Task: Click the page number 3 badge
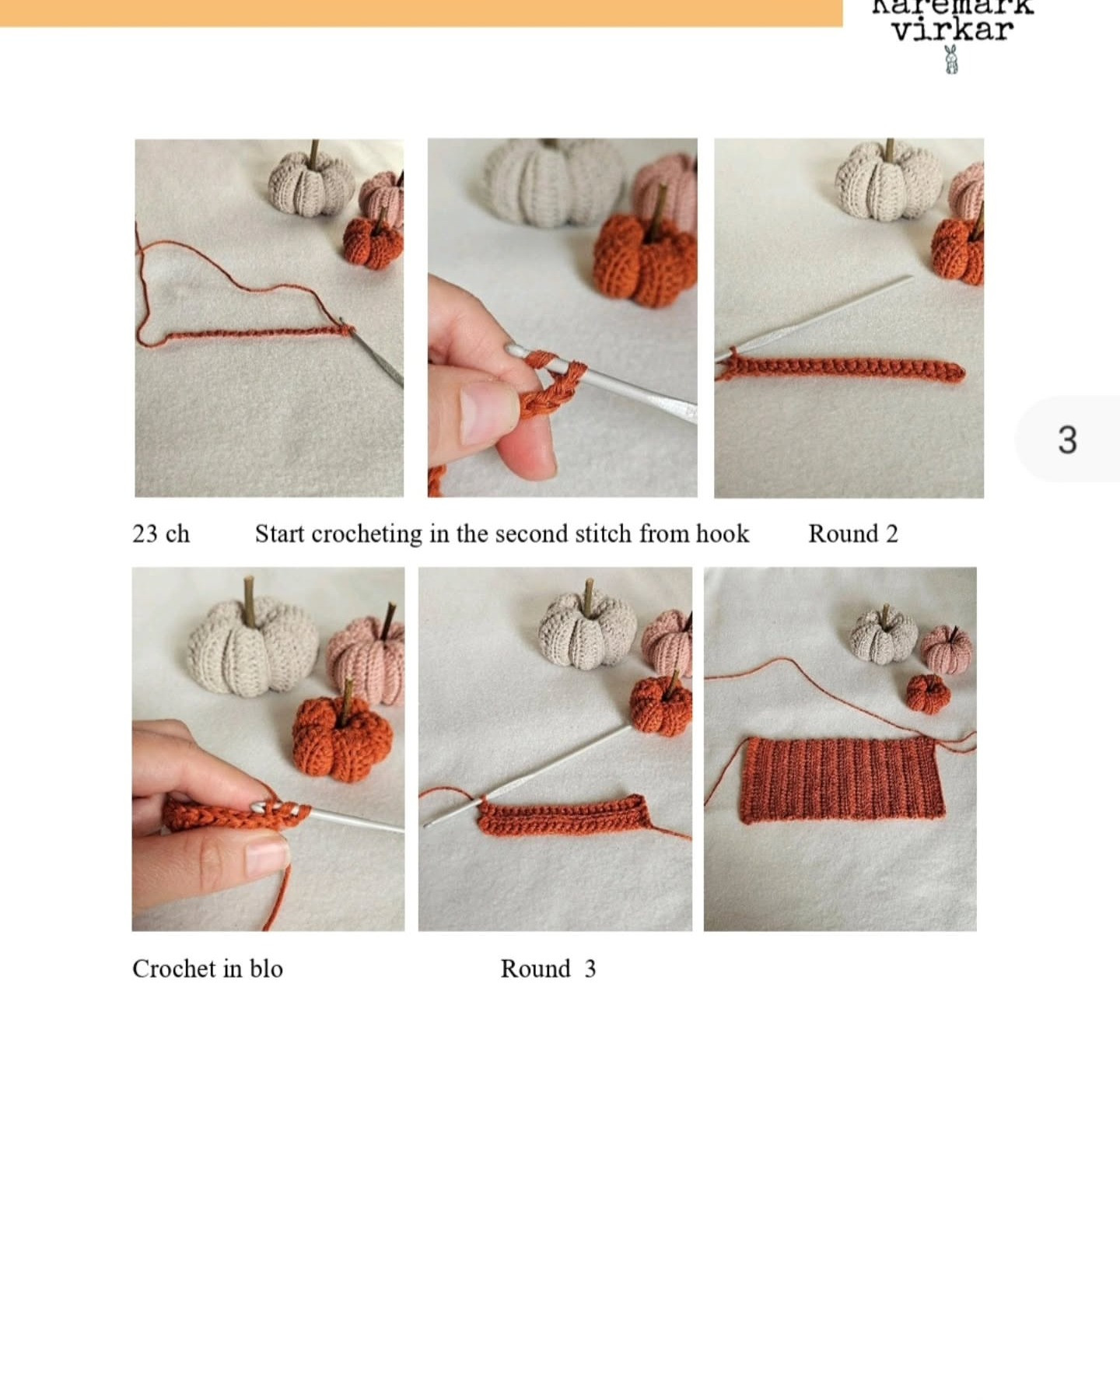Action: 1067,440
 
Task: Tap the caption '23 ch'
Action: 161,534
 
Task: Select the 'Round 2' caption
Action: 852,534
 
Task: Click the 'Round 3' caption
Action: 548,969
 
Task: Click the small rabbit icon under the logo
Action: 950,60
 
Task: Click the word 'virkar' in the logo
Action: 952,30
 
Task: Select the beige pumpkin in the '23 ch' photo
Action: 310,184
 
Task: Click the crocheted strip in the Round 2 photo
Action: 840,369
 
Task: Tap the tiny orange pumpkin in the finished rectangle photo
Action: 928,693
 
